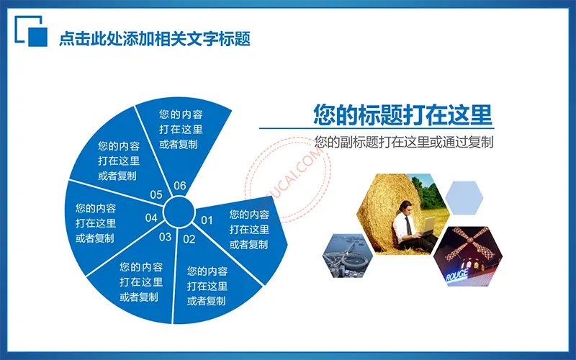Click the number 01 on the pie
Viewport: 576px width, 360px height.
pyautogui.click(x=207, y=220)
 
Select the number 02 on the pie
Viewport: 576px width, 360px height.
pyautogui.click(x=189, y=239)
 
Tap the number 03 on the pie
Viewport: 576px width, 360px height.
pyautogui.click(x=166, y=237)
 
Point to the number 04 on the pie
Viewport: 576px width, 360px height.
pyautogui.click(x=151, y=218)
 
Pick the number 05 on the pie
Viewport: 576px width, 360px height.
pyautogui.click(x=156, y=194)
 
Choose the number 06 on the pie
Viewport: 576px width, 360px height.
pyautogui.click(x=179, y=186)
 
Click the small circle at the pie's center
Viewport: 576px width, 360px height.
pyautogui.click(x=179, y=212)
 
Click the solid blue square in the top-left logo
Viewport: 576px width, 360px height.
pyautogui.click(x=38, y=37)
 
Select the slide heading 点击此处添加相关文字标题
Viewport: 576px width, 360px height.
pyautogui.click(x=155, y=39)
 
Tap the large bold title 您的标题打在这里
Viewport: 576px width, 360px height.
pyautogui.click(x=402, y=114)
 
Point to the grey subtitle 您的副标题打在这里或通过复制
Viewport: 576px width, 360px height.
pyautogui.click(x=404, y=142)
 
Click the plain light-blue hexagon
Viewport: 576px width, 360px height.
pyautogui.click(x=464, y=197)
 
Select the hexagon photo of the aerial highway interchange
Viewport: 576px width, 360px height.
pyautogui.click(x=348, y=256)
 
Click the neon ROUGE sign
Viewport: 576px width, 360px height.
pyautogui.click(x=457, y=274)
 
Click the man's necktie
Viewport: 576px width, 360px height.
pyautogui.click(x=408, y=226)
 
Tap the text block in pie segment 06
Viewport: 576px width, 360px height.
pyautogui.click(x=181, y=130)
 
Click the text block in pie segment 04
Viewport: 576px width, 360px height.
pyautogui.click(x=96, y=223)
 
